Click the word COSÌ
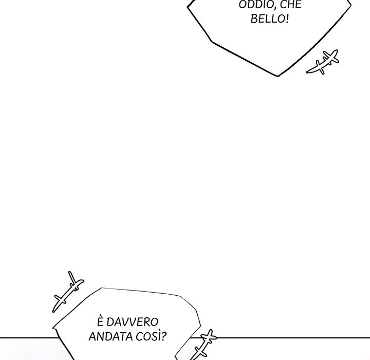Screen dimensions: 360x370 pos(152,337)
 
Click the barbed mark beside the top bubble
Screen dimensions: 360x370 pos(322,62)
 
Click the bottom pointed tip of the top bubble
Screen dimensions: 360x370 pos(278,76)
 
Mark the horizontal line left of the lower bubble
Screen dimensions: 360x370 pos(26,338)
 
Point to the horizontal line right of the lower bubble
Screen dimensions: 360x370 pos(293,338)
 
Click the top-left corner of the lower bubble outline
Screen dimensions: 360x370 pos(102,288)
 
